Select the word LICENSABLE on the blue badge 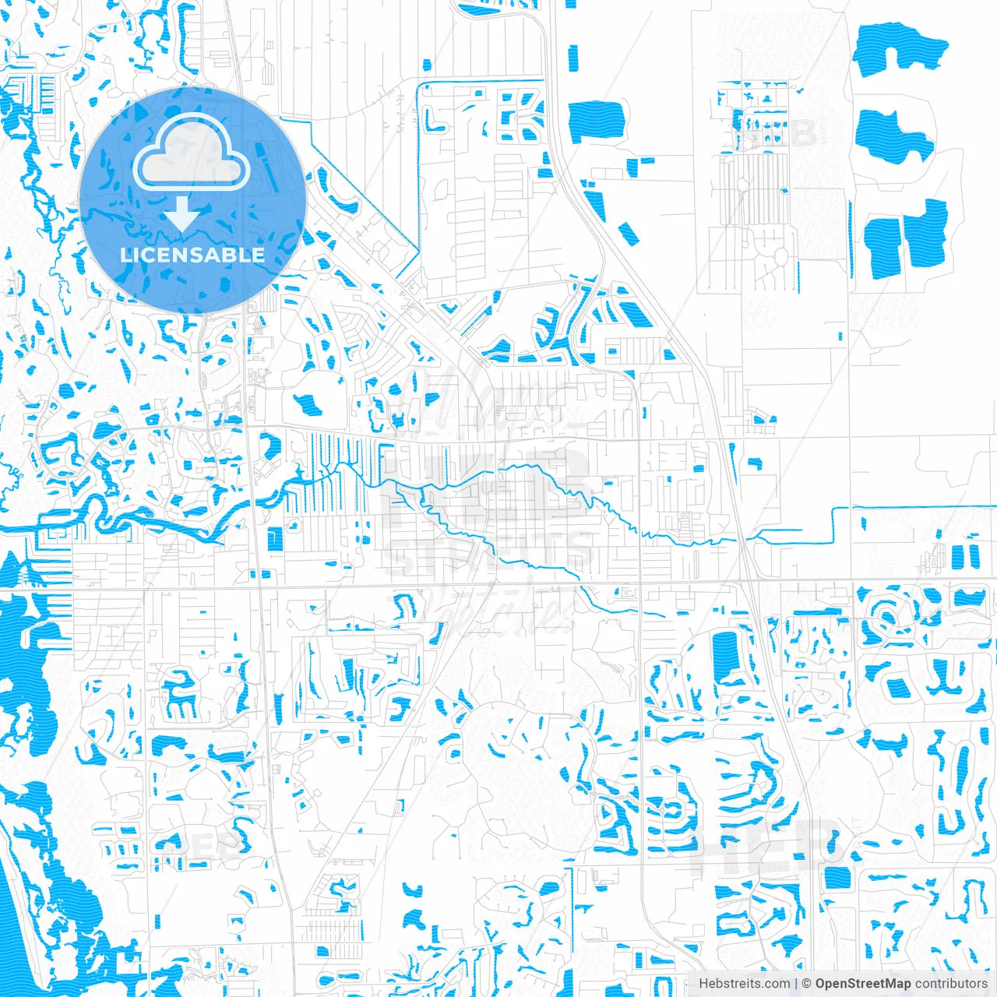click(x=192, y=255)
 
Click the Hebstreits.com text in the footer click(x=744, y=984)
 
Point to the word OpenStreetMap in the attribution click(x=863, y=984)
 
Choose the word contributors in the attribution click(x=951, y=984)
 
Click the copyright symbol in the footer click(x=807, y=984)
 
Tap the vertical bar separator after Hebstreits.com click(x=796, y=984)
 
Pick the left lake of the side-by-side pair click(x=883, y=245)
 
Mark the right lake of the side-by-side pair click(x=925, y=231)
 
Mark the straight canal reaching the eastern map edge click(x=919, y=508)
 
